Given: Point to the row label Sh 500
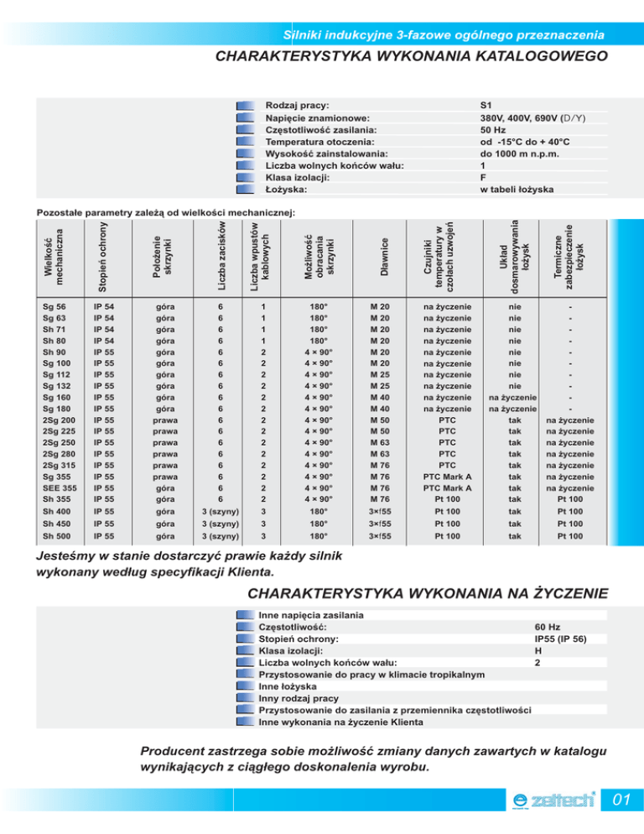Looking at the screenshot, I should point(58,536).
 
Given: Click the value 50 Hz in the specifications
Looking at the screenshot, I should point(492,130).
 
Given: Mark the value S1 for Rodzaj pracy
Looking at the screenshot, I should point(486,107).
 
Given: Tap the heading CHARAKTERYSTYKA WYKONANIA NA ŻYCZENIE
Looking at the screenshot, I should point(428,595).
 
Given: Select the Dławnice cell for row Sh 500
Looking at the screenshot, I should point(384,536).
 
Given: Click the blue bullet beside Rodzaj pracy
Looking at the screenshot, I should point(245,107).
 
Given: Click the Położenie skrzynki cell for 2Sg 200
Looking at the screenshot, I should point(165,420).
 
